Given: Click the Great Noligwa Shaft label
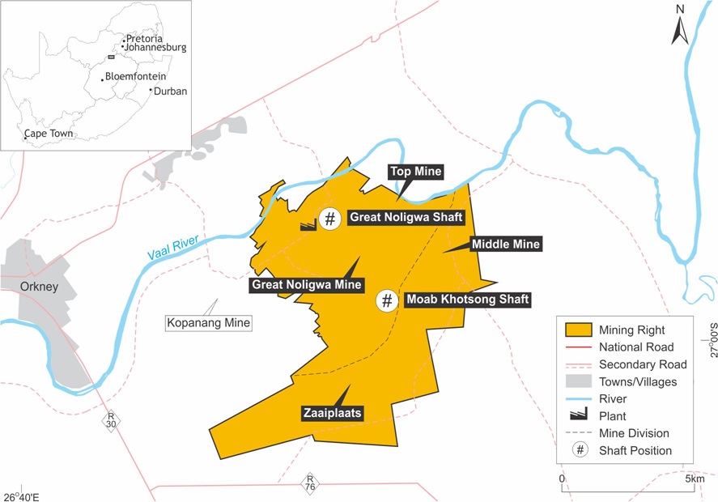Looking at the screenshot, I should (405, 217).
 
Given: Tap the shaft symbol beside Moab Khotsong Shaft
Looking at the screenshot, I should (387, 300).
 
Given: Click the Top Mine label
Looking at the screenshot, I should (416, 171).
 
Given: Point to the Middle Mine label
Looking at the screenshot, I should (505, 244).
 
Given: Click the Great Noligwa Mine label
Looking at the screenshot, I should (306, 285).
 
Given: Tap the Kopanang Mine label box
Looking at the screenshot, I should (208, 323).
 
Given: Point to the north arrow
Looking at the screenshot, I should (680, 30).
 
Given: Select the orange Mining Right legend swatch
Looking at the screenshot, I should (576, 330).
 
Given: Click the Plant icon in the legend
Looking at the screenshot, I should (576, 415).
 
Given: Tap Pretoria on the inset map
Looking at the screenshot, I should (144, 38).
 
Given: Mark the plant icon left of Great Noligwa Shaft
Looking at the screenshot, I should (307, 226).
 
